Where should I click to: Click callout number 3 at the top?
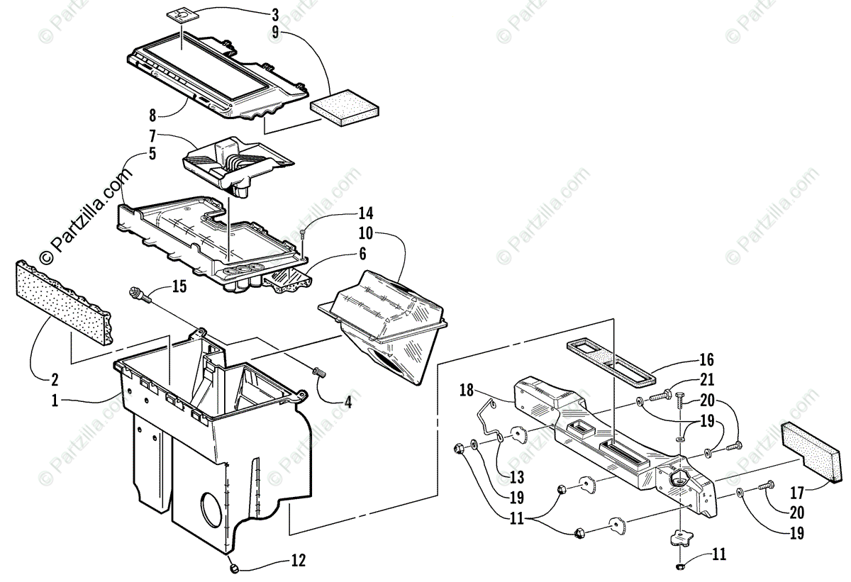pos(275,13)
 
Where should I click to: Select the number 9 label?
pos(275,33)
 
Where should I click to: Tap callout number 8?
pos(153,113)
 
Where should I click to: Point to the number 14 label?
pos(365,213)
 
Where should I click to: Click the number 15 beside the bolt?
pos(180,286)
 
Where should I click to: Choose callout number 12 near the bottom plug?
pos(297,561)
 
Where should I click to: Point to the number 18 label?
pos(466,389)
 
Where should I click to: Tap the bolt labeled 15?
pos(139,294)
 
